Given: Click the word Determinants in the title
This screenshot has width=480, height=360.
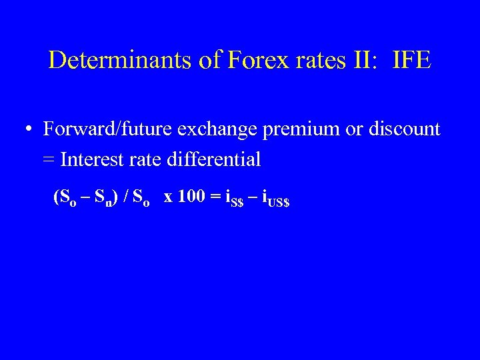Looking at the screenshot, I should (x=122, y=60).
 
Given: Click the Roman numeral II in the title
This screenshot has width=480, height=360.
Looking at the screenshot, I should (x=364, y=60).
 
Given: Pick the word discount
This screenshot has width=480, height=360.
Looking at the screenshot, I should (x=405, y=129).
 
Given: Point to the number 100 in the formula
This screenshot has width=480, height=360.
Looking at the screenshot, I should (x=191, y=197).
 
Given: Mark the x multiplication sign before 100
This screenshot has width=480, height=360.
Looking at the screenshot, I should (x=168, y=197).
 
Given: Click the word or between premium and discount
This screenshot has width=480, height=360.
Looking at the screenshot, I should (x=352, y=129).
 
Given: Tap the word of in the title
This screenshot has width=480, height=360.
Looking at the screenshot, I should (x=212, y=60).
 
